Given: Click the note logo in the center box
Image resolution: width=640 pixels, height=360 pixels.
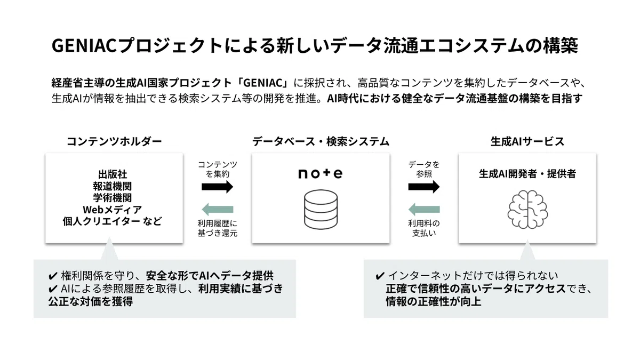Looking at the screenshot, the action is coord(321,174).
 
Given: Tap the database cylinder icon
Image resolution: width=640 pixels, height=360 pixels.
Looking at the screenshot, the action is coord(321,210).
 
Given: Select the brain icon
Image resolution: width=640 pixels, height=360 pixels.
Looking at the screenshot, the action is coord(527,210).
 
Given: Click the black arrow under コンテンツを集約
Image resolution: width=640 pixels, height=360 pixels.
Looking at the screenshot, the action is coord(218,187).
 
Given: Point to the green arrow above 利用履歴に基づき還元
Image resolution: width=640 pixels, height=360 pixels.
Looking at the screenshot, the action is coord(218,210).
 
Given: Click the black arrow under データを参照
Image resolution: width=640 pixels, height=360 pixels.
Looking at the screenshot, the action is coord(424,187).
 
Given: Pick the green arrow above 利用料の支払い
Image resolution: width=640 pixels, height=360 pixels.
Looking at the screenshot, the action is coord(424,210).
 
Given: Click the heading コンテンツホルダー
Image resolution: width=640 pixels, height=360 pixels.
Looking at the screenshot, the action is coord(114,141).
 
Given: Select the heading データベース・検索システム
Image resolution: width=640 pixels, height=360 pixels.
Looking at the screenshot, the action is coord(321,141).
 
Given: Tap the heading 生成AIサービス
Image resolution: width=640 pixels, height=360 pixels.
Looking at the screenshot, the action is coord(527,141).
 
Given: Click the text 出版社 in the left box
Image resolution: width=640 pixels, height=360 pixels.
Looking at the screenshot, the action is coord(113,174).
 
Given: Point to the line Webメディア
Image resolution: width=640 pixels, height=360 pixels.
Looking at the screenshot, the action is coord(113,210).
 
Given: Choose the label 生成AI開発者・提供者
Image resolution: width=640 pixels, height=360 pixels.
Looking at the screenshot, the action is coord(527,174).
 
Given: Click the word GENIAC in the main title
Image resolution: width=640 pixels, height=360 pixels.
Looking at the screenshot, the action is coord(84,46).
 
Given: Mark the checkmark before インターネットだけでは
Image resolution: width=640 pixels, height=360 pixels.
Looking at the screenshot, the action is coord(380,276).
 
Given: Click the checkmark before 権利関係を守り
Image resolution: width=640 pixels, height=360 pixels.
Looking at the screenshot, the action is coord(53,276).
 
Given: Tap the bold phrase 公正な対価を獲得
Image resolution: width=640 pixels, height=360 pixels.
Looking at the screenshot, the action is coord(90,302).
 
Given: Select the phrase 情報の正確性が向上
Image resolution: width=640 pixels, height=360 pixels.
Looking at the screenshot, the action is coord(434,302).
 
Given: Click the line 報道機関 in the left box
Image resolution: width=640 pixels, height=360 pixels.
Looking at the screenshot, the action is coord(113,186).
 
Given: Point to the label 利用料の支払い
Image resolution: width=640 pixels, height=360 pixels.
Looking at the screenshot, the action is coord(424,228).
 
